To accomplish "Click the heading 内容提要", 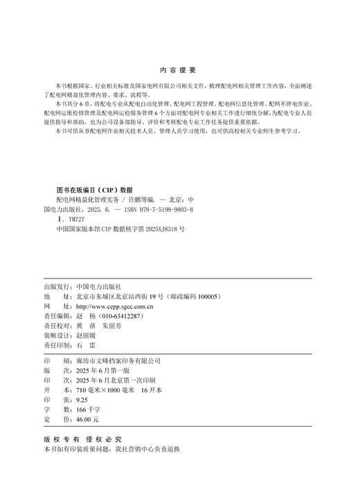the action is coord(179,70).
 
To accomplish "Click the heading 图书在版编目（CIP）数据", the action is coord(94,188).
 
